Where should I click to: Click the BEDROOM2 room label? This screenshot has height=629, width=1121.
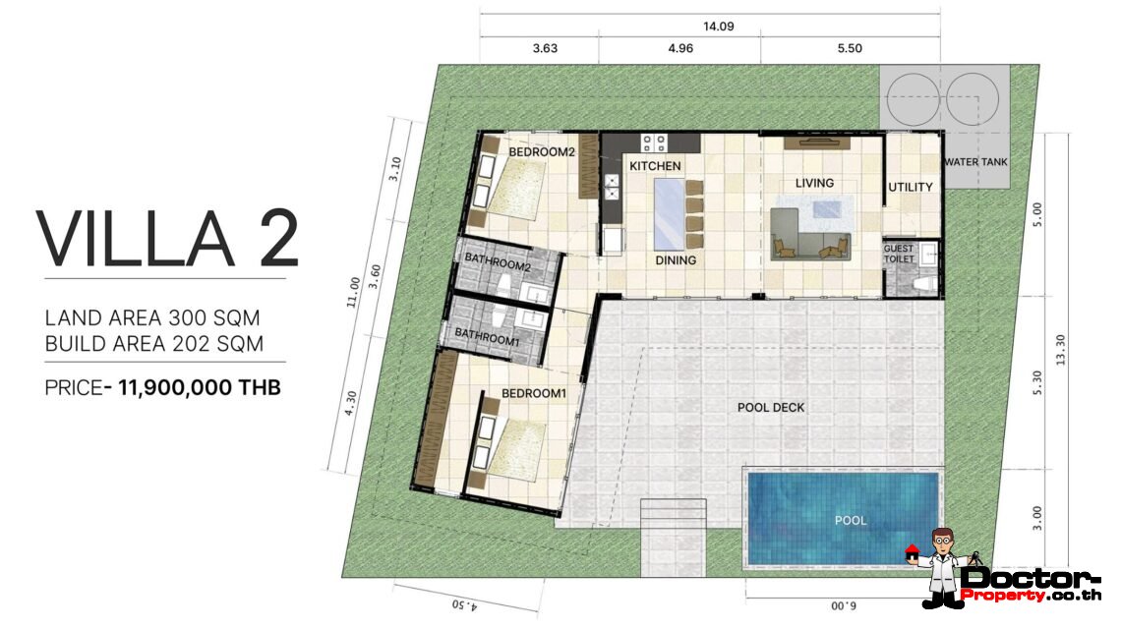541,152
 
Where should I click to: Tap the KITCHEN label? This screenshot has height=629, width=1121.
655,166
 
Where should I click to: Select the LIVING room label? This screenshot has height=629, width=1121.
814,183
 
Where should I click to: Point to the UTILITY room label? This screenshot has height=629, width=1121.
910,187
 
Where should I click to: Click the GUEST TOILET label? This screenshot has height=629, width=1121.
898,254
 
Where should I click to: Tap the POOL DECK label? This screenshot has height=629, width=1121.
771,407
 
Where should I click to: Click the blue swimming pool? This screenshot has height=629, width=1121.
842,520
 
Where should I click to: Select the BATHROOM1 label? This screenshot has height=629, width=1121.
486,335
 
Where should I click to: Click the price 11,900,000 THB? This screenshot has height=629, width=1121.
199,388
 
